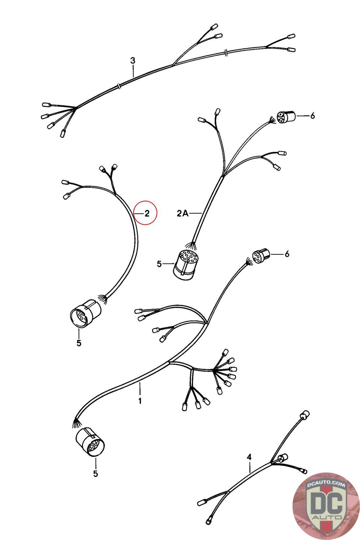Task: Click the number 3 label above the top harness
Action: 133,60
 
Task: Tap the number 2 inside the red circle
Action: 147,213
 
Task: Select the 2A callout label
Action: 183,213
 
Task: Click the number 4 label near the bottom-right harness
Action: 249,457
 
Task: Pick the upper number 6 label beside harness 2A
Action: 312,116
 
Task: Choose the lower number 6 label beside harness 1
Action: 287,254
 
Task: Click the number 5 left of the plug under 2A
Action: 159,264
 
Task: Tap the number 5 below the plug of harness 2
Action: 79,343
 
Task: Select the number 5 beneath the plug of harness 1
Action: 96,474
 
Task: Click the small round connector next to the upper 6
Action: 286,117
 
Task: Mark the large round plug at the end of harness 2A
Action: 185,265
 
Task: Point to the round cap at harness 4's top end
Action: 304,415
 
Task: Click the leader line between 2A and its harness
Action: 195,213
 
